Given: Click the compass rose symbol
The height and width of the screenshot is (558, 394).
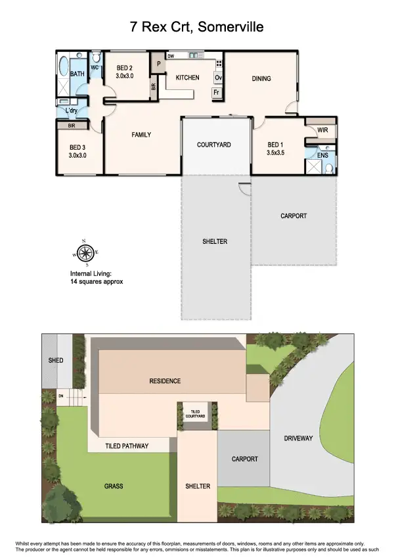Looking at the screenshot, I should point(84,252).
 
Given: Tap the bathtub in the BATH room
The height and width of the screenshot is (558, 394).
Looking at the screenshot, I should point(64,68).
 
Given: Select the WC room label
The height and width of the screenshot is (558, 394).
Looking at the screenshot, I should point(95,68).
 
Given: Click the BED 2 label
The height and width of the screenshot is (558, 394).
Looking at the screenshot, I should point(125,68).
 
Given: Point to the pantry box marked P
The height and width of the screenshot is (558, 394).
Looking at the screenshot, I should point(159,64).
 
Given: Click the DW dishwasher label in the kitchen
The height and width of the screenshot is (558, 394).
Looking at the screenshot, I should point(171,57).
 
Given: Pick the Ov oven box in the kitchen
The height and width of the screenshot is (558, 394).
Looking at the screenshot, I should point(218,78).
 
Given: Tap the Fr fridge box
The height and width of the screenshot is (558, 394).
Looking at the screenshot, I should point(215,93).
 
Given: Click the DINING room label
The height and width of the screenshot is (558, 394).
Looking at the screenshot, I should point(261,79).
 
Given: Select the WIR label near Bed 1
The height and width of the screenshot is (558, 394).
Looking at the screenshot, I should point(322,130).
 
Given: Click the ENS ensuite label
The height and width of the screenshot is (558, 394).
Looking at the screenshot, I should point(322,155).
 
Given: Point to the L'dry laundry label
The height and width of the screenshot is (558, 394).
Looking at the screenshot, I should point(71,110).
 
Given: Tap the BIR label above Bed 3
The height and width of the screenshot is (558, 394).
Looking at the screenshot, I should point(70,125).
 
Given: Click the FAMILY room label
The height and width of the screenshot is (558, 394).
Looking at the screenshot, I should point(141,135).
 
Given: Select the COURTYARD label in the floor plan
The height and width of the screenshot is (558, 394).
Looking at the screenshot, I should point(214,145).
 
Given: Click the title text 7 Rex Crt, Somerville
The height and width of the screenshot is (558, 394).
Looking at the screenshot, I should point(197,27).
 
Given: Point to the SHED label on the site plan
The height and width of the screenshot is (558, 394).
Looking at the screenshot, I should point(56,361).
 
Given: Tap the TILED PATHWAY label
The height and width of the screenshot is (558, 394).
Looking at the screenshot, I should point(127,446).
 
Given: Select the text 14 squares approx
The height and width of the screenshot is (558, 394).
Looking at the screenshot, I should point(97,281).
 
